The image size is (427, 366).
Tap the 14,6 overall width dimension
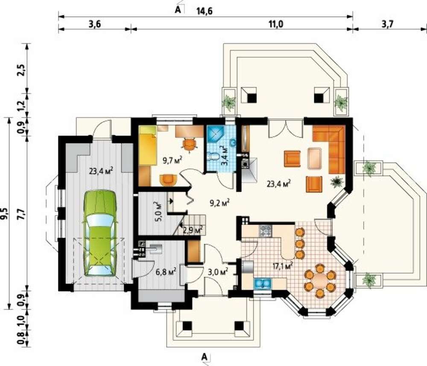(204, 11)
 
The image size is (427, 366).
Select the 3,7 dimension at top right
(387, 24)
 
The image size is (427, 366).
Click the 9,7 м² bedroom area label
(173, 160)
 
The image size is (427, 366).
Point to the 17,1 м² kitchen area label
(284, 266)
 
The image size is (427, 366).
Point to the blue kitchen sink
(263, 283)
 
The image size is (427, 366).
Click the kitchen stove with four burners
(265, 231)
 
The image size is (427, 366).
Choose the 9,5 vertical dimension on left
(6, 213)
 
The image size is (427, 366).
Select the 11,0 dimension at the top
(276, 24)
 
